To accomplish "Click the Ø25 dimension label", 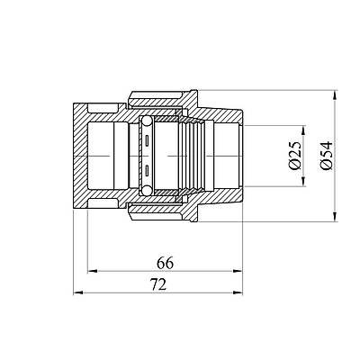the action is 295,156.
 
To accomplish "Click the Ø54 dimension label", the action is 327,156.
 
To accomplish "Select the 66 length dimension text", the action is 165,264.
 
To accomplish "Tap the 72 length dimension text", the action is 158,284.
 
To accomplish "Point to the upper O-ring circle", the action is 147,121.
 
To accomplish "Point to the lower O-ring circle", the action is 147,190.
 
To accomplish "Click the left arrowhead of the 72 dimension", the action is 78,292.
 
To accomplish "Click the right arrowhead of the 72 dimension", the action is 238,292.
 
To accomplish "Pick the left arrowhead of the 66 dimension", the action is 92,271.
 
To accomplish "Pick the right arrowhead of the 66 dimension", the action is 238,271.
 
